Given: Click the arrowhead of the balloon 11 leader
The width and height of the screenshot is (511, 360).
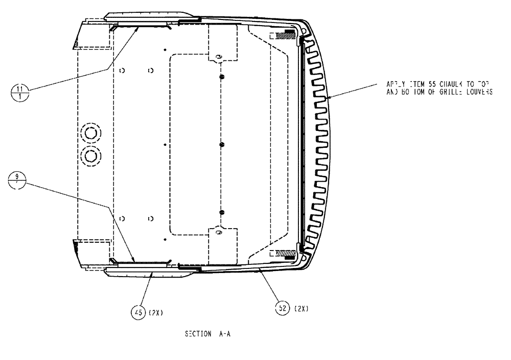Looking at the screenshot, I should coord(138,30).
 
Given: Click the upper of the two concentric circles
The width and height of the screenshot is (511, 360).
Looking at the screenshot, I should coord(91,133).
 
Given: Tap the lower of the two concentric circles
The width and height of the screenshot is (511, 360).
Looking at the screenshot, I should coord(91,155).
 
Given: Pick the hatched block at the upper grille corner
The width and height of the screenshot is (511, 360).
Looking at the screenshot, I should coord(286,36).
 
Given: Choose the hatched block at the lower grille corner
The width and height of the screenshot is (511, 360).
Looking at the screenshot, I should coord(285,253).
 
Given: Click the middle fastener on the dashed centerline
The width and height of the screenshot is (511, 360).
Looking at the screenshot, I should coord(222,145).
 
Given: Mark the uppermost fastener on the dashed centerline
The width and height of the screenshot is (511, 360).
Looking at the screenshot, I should coord(222,77).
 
